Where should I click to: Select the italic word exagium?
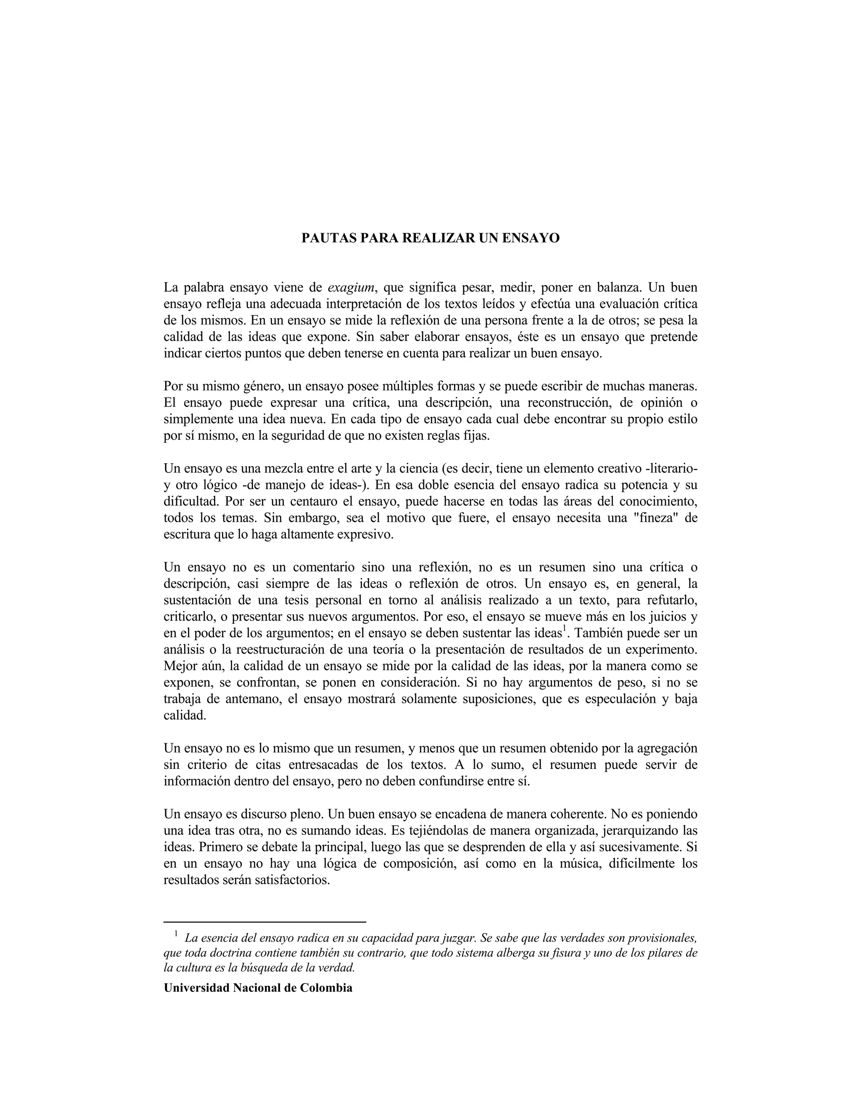pyautogui.click(x=351, y=288)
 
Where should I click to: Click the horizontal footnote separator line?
pyautogui.click(x=265, y=922)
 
